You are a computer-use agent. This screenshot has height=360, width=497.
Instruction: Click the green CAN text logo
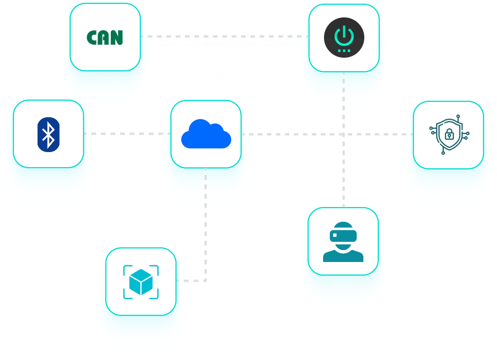click(105, 38)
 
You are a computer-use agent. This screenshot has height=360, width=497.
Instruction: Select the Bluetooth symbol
click(49, 134)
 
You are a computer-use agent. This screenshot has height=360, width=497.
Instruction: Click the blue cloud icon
click(206, 134)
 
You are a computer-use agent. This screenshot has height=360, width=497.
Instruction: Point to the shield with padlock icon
click(449, 134)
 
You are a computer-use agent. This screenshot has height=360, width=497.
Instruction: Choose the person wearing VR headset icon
click(343, 241)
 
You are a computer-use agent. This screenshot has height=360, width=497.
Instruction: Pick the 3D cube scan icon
click(141, 281)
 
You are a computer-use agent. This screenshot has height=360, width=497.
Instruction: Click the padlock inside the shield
click(449, 135)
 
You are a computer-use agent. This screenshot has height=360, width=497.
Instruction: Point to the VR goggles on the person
click(343, 235)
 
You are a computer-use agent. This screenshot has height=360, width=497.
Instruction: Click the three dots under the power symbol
click(344, 50)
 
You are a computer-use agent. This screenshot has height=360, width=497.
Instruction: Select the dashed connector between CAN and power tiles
click(224, 36)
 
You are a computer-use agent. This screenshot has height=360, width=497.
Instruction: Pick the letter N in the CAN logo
click(118, 38)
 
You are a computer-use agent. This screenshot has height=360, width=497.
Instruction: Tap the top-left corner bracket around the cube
click(127, 268)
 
